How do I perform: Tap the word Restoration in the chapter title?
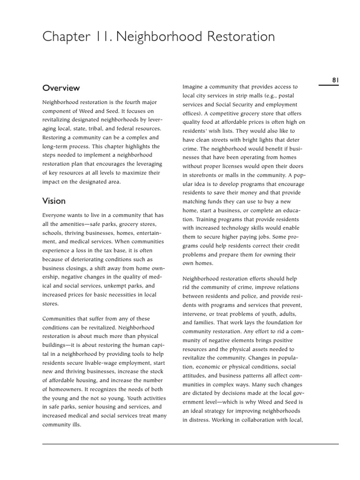click(x=235, y=37)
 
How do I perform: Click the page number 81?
click(x=335, y=80)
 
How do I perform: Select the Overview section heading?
click(x=61, y=88)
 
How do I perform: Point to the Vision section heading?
click(x=54, y=201)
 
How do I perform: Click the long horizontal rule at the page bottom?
click(x=190, y=444)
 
